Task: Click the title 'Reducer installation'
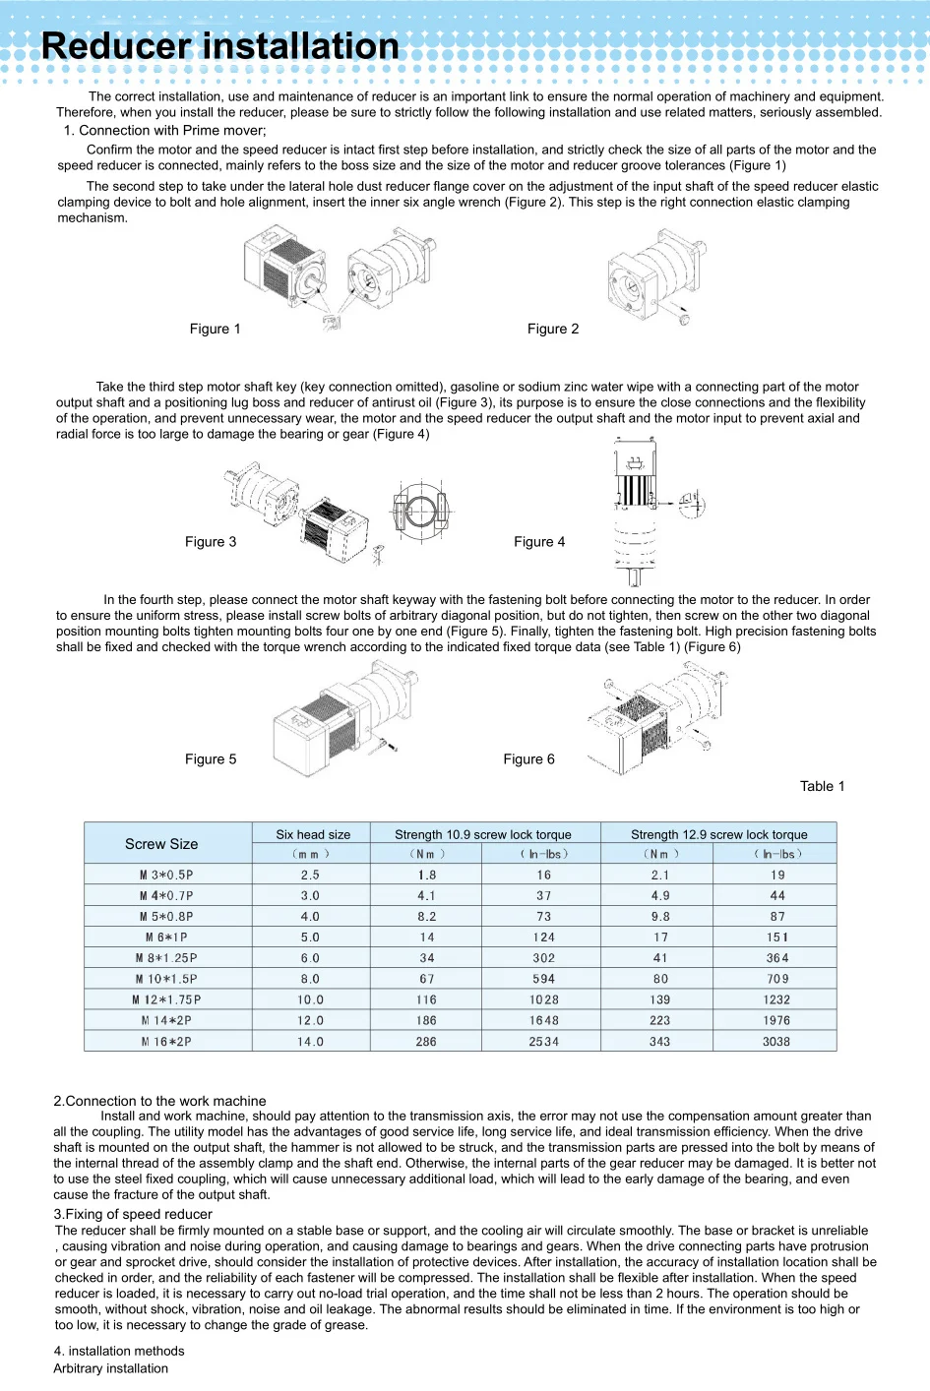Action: click(220, 46)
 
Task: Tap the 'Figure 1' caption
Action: click(215, 329)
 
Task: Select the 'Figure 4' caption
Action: click(539, 541)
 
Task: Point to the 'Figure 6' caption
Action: click(528, 758)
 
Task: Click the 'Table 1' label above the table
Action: click(822, 786)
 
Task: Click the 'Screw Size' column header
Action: click(161, 844)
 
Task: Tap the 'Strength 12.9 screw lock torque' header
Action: click(718, 834)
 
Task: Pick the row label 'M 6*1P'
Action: click(166, 937)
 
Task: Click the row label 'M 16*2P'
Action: click(166, 1041)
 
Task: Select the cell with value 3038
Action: click(775, 1041)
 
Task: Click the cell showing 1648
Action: click(543, 1020)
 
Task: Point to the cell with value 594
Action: click(543, 979)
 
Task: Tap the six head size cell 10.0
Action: click(310, 999)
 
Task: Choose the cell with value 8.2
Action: click(426, 916)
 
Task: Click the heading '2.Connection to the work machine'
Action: click(159, 1101)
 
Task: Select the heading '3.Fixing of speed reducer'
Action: click(133, 1214)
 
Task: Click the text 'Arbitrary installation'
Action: click(110, 1368)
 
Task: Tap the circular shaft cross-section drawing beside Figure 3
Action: click(420, 512)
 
